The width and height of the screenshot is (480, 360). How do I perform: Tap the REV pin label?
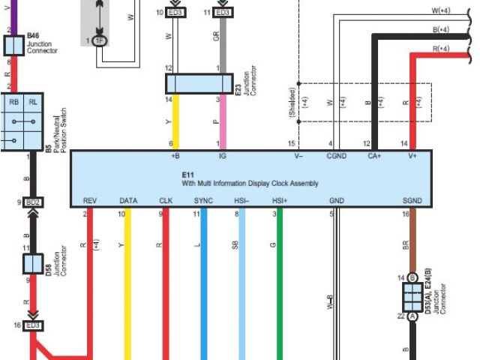click(89, 200)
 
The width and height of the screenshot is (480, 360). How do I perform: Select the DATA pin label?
click(128, 200)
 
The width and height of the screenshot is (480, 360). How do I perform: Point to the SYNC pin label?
click(203, 200)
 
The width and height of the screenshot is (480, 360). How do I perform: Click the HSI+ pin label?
click(280, 200)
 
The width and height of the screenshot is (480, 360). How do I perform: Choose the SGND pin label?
click(412, 200)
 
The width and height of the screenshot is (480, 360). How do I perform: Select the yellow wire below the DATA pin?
click(128, 285)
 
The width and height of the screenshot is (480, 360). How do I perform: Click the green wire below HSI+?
click(280, 285)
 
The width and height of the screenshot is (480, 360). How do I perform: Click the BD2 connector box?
click(32, 202)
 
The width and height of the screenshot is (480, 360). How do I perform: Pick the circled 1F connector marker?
click(100, 39)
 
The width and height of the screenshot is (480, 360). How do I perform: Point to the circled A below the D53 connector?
click(412, 316)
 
